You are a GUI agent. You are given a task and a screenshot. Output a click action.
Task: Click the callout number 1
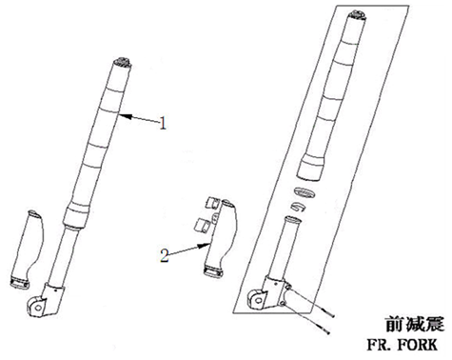point(163,123)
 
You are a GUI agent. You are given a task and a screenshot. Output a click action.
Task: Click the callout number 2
point(165,255)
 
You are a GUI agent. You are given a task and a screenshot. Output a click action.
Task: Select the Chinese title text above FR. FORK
point(415,324)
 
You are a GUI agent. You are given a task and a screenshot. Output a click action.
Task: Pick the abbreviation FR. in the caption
point(379,345)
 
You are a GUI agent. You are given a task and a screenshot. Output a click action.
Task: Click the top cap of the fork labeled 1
point(123,62)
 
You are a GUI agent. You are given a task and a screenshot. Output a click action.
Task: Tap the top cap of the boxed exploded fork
point(358,15)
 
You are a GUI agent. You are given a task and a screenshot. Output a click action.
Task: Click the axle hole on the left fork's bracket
point(39,308)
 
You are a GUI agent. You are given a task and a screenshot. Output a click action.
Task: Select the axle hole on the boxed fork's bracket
point(260,299)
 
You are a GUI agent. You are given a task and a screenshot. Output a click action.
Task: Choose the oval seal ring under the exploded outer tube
point(304,192)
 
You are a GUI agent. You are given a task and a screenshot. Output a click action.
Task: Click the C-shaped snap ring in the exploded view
point(298,207)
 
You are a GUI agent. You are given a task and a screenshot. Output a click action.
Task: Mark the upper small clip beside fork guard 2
point(211,202)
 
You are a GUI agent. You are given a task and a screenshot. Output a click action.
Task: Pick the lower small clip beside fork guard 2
point(202,225)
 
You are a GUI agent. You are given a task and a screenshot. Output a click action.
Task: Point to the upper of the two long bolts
point(312,302)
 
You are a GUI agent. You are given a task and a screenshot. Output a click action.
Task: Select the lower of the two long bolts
point(306,319)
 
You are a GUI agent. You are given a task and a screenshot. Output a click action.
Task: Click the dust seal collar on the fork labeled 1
point(75,215)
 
